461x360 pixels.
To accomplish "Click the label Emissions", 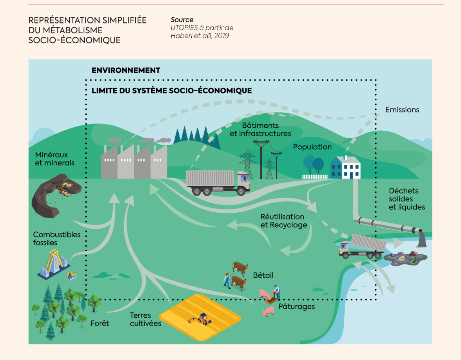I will pyautogui.click(x=402, y=110).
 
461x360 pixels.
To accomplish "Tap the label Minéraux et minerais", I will pyautogui.click(x=54, y=159).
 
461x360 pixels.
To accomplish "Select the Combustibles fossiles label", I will pyautogui.click(x=56, y=239).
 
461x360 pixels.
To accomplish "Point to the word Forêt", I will pyautogui.click(x=100, y=323).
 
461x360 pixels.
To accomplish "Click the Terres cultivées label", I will pyautogui.click(x=145, y=319).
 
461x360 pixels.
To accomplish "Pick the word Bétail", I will pyautogui.click(x=263, y=275).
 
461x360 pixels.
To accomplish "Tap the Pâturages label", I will pyautogui.click(x=296, y=306).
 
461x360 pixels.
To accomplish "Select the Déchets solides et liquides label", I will pyautogui.click(x=407, y=199).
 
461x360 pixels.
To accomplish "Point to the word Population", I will pyautogui.click(x=312, y=147).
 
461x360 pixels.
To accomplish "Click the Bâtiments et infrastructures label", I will pyautogui.click(x=260, y=129).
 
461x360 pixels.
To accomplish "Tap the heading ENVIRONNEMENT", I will pyautogui.click(x=126, y=71).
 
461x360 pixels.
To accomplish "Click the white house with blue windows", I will pyautogui.click(x=345, y=168).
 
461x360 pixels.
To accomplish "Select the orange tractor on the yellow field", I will pyautogui.click(x=203, y=318).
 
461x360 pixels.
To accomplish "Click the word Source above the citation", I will pyautogui.click(x=182, y=20).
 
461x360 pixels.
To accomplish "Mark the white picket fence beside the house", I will pyautogui.click(x=314, y=177).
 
